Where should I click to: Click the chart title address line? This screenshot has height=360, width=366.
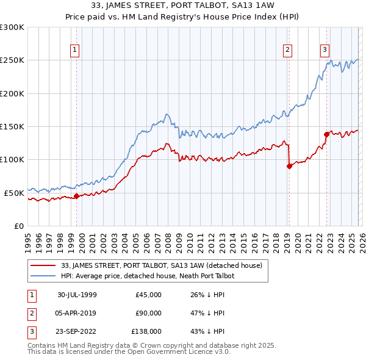click(x=183, y=5)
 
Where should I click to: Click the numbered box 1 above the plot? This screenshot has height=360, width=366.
click(x=74, y=50)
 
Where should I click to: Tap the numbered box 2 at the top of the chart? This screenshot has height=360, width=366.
click(x=287, y=50)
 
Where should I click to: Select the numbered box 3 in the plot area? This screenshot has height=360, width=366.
click(x=325, y=50)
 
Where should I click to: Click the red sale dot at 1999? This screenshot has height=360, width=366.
click(x=77, y=196)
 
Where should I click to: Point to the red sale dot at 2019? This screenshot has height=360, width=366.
click(x=289, y=166)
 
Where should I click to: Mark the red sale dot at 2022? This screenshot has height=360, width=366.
click(x=326, y=134)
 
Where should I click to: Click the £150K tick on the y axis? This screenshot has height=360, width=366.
click(x=12, y=126)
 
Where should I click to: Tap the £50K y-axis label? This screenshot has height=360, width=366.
click(x=14, y=193)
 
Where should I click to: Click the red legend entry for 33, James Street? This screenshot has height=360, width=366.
click(x=162, y=265)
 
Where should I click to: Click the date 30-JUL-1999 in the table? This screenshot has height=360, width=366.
click(x=77, y=295)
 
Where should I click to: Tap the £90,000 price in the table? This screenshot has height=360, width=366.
click(x=149, y=313)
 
